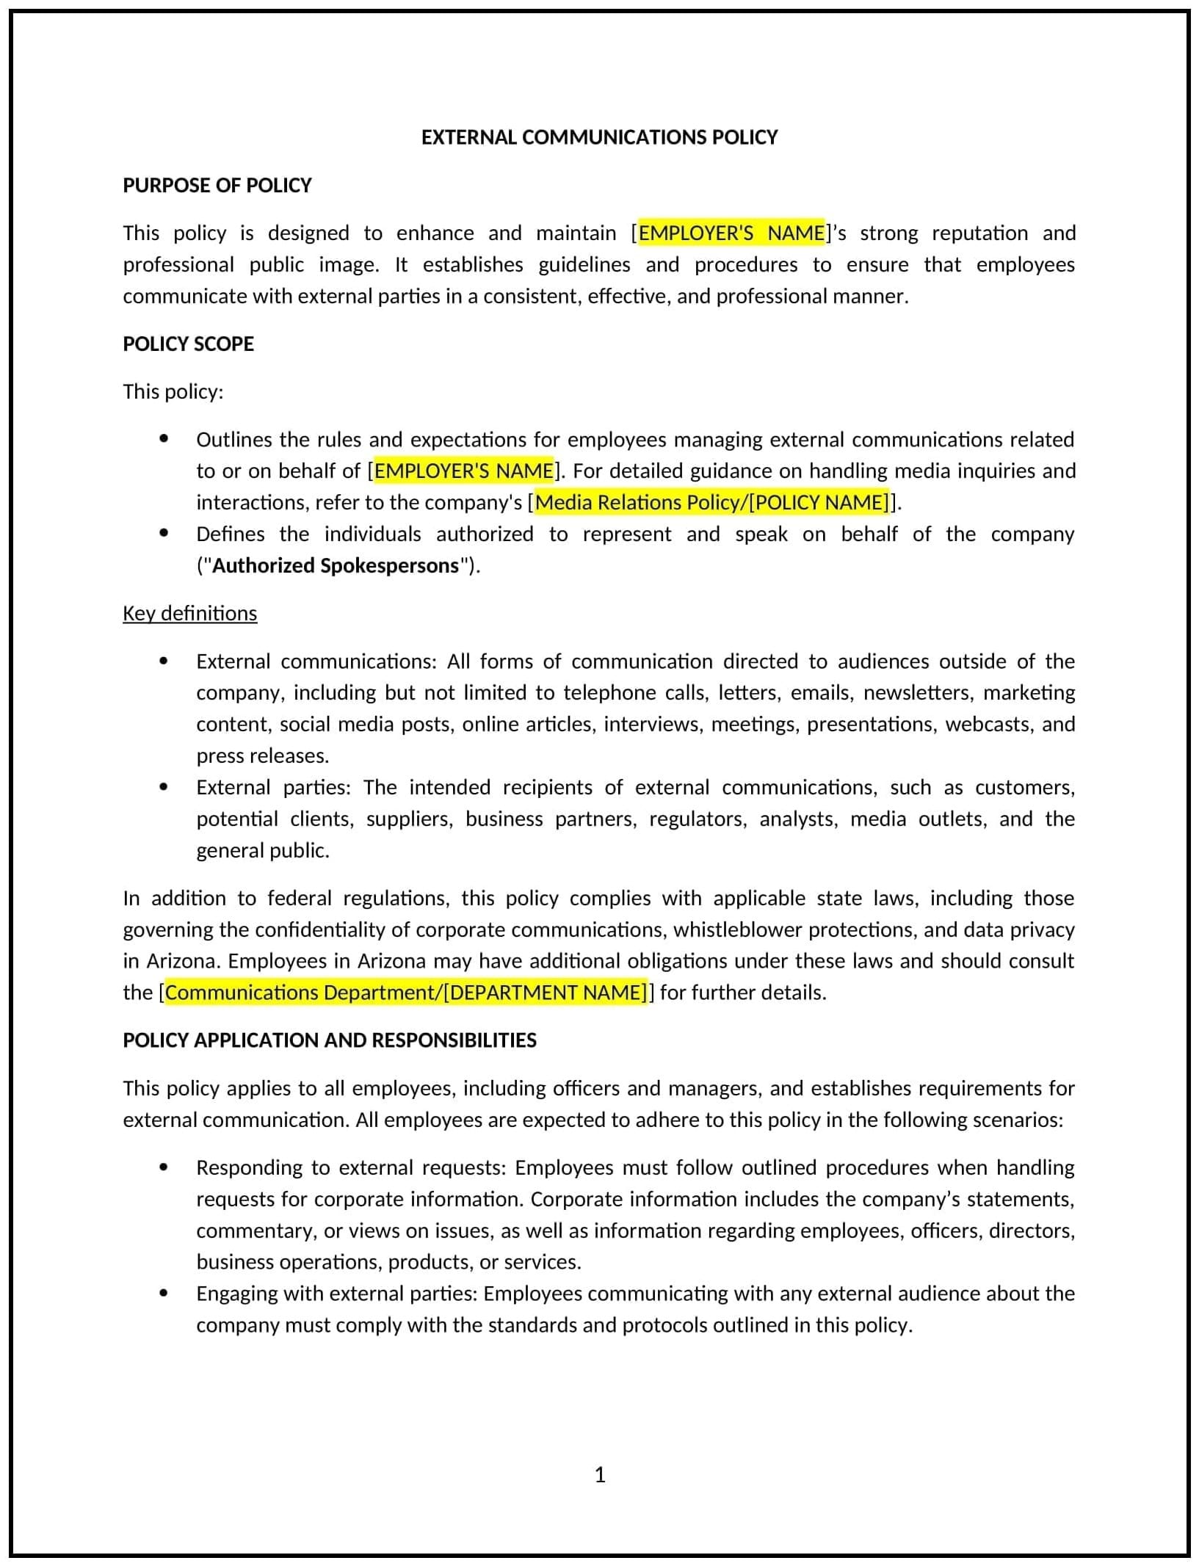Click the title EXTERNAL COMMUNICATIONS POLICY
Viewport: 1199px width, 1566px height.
click(599, 137)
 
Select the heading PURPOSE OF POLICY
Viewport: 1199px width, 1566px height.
click(217, 185)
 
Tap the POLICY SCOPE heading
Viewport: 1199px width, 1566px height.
click(188, 344)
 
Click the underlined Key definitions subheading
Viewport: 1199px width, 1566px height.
click(189, 613)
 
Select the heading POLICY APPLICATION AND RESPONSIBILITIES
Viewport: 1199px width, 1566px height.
click(330, 1040)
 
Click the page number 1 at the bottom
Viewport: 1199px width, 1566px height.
click(600, 1475)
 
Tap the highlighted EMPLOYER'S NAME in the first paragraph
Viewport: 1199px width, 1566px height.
click(731, 233)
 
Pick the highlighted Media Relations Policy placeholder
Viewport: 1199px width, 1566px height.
click(711, 502)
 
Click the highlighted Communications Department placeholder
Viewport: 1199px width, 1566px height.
click(406, 993)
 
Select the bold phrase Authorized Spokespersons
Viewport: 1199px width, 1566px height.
click(336, 565)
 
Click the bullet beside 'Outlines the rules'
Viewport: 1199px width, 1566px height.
click(164, 439)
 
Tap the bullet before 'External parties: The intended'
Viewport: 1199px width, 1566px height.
click(164, 787)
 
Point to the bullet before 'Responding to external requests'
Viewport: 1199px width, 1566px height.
click(164, 1167)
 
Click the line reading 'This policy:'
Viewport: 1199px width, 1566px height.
click(173, 391)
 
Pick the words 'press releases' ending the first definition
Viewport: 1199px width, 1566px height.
click(262, 755)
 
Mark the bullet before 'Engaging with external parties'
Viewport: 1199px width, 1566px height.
click(164, 1293)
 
